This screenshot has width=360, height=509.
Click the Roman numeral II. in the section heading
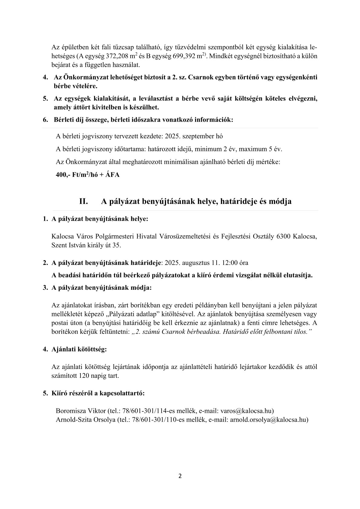(83, 201)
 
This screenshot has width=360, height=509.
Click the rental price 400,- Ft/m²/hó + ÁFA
(88, 175)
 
